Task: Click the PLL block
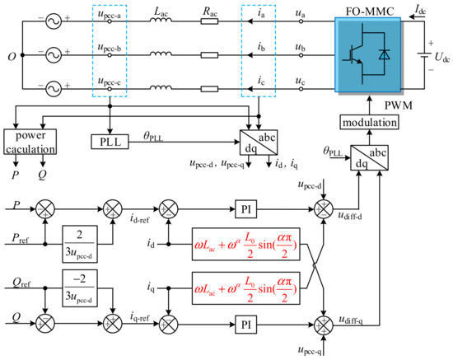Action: (x=110, y=142)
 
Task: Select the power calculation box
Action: (x=30, y=142)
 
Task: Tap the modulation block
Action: (x=369, y=122)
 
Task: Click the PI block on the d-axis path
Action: (x=246, y=209)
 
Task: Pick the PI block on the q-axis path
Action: (x=246, y=325)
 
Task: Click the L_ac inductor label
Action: (x=161, y=12)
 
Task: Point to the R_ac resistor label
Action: (x=210, y=12)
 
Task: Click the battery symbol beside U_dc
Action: (x=424, y=55)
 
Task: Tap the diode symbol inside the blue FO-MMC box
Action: (x=384, y=54)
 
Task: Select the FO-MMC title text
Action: (x=370, y=12)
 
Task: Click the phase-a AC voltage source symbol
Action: (x=54, y=21)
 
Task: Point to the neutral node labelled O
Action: (x=22, y=55)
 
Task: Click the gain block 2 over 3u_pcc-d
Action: (x=80, y=244)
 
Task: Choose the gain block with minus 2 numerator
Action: (x=80, y=288)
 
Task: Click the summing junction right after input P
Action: (x=45, y=209)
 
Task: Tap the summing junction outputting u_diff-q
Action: (x=324, y=325)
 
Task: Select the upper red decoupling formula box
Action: (x=246, y=244)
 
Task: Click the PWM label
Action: (x=399, y=105)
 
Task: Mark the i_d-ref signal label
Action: (x=139, y=218)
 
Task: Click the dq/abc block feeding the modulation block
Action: (x=369, y=157)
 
